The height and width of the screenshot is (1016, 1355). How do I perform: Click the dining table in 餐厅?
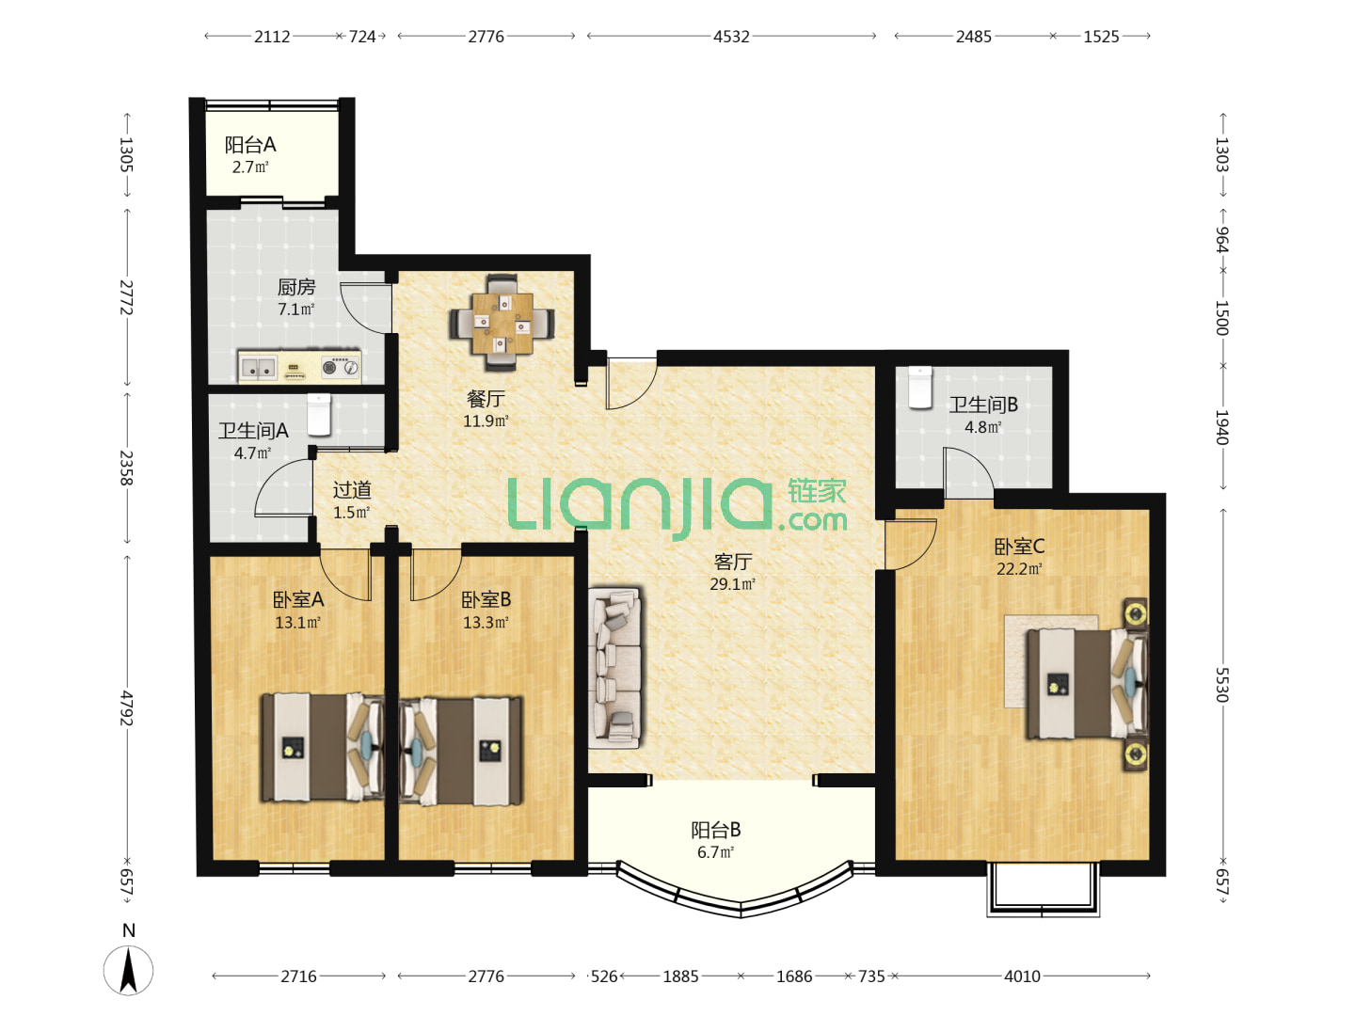pyautogui.click(x=502, y=323)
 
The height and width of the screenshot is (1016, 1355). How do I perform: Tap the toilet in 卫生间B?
pyautogui.click(x=919, y=387)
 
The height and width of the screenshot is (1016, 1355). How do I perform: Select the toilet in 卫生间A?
pyautogui.click(x=319, y=415)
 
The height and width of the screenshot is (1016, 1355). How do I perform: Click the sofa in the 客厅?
pyautogui.click(x=614, y=668)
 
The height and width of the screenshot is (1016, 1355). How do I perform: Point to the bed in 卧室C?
pyautogui.click(x=1087, y=683)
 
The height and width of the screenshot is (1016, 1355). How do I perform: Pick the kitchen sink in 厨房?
pyautogui.click(x=259, y=368)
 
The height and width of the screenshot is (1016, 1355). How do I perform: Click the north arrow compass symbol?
pyautogui.click(x=128, y=970)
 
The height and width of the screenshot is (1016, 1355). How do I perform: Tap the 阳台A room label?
pyautogui.click(x=250, y=145)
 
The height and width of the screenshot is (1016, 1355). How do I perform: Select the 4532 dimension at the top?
pyautogui.click(x=731, y=37)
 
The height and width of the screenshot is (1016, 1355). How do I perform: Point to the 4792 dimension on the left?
pyautogui.click(x=126, y=708)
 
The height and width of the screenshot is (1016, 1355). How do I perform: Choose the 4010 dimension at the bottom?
pyautogui.click(x=1022, y=976)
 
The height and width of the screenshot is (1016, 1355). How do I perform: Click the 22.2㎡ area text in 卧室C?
pyautogui.click(x=1019, y=569)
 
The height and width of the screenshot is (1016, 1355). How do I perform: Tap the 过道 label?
pyautogui.click(x=352, y=490)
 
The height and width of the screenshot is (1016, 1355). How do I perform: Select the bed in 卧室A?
pyautogui.click(x=322, y=747)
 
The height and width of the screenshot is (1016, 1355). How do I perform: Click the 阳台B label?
pyautogui.click(x=715, y=830)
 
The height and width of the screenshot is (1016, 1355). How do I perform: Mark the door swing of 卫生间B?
pyautogui.click(x=968, y=472)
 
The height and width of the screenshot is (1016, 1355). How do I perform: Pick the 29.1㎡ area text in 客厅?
pyautogui.click(x=732, y=583)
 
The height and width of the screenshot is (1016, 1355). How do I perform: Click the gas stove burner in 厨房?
pyautogui.click(x=329, y=368)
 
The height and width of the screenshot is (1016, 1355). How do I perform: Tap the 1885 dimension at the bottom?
pyautogui.click(x=680, y=976)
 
